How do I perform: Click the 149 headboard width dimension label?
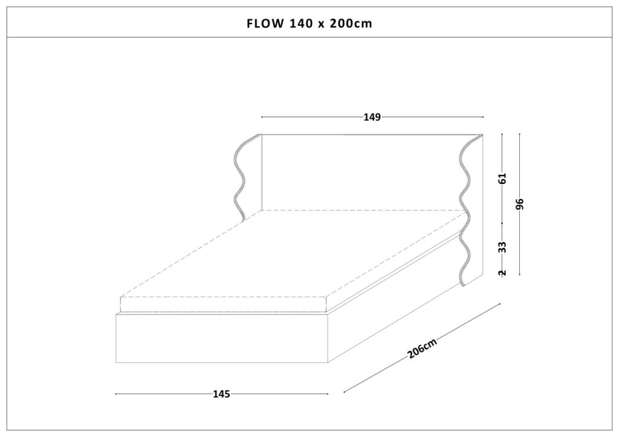coord(372,117)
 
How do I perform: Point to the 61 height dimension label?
coord(502,179)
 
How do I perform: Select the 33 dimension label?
coord(502,247)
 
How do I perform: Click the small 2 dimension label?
coord(502,273)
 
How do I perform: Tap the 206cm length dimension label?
coord(423,348)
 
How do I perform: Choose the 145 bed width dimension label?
coord(221,394)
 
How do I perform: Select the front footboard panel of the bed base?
coord(222,338)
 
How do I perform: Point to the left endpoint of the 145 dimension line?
coord(115,394)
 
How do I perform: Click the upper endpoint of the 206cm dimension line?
coord(500,304)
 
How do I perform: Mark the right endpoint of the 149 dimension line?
coord(483,117)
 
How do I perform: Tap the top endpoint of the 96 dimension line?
coord(519,133)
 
